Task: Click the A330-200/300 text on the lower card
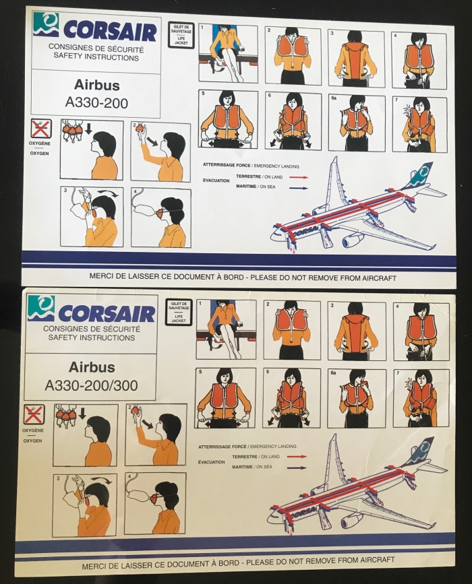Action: tap(91, 385)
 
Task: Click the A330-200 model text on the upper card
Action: tap(96, 102)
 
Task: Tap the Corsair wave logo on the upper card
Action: tap(45, 24)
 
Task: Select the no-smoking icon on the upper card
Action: tap(40, 129)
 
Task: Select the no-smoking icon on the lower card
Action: tap(34, 414)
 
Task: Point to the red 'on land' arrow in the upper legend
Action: tap(299, 177)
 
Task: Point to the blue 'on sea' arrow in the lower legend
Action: tap(297, 467)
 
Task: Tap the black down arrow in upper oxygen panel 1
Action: tap(88, 129)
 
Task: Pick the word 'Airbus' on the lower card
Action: tap(92, 367)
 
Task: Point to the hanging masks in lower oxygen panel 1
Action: tap(66, 414)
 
